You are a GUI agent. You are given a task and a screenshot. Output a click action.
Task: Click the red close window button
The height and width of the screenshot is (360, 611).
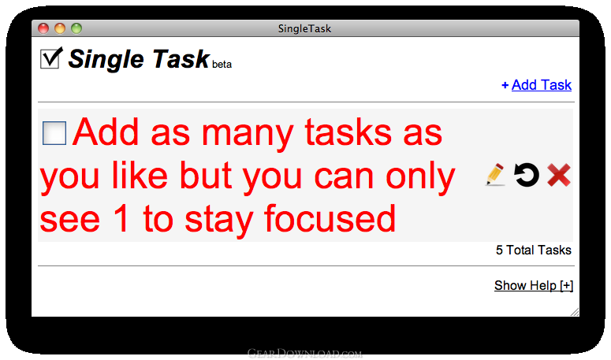43,28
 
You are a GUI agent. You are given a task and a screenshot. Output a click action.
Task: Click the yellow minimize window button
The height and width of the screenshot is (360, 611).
60,28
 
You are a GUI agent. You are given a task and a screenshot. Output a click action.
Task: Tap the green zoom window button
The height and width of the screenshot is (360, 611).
76,28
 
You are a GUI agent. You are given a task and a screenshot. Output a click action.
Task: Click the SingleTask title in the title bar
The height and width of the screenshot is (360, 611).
305,28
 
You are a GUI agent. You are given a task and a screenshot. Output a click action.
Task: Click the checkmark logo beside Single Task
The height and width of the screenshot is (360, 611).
51,58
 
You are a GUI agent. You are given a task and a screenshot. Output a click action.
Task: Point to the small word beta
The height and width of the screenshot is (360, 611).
222,65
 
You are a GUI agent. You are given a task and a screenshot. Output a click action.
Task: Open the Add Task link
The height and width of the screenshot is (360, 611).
542,85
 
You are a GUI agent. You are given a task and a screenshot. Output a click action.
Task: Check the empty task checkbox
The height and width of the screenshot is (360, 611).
54,133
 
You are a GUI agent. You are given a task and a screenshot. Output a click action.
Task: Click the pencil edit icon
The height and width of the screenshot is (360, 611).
495,175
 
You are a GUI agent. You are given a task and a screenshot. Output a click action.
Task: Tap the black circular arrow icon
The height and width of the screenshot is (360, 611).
527,175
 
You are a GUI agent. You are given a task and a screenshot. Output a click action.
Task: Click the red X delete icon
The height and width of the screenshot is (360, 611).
559,175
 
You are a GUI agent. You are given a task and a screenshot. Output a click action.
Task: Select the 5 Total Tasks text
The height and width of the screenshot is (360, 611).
534,250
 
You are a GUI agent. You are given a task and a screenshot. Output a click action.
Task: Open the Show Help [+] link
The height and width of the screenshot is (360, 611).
534,285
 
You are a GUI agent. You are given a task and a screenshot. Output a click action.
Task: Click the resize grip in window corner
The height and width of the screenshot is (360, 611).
575,311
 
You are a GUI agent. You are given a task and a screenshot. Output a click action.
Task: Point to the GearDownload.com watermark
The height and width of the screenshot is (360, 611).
305,354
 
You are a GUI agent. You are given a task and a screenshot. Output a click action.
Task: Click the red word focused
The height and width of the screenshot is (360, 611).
330,219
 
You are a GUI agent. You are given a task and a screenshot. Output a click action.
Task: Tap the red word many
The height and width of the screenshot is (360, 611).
248,133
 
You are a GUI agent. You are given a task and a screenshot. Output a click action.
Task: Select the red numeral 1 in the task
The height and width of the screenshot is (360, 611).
121,218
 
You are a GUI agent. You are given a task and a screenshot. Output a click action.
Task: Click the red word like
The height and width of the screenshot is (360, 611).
140,175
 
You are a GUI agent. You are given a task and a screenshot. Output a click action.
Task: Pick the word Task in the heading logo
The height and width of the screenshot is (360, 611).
181,59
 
